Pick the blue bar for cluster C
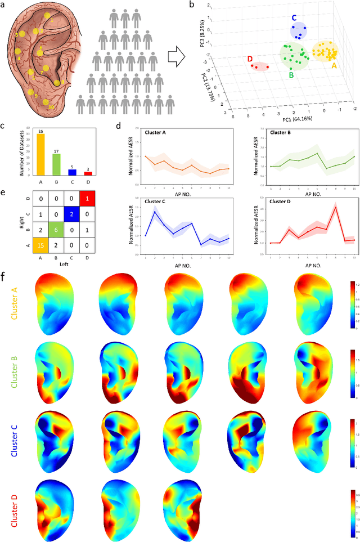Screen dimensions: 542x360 72,172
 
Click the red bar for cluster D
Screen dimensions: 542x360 88,173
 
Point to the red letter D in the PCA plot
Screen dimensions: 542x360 249,59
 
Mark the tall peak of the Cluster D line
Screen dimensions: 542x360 335,207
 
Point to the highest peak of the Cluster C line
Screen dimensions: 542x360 154,212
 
